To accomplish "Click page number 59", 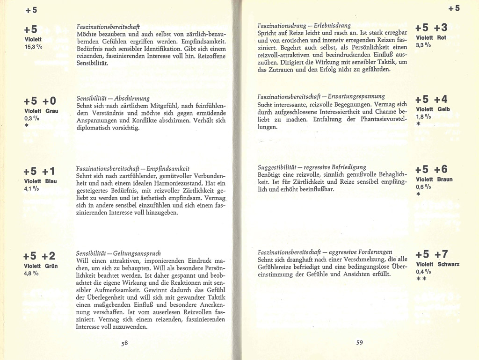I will pyautogui.click(x=359, y=343).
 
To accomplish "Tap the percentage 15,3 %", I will pyautogui.click(x=33, y=47).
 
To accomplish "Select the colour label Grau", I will pyautogui.click(x=51, y=111).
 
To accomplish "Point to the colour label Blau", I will pyautogui.click(x=51, y=181).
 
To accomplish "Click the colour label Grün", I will pyautogui.click(x=51, y=266).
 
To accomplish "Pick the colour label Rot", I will pyautogui.click(x=442, y=37).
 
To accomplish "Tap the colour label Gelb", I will pyautogui.click(x=443, y=109).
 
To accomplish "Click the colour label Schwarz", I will pyautogui.click(x=448, y=265).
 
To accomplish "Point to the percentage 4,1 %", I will pyautogui.click(x=32, y=189).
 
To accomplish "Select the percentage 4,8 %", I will pyautogui.click(x=32, y=274).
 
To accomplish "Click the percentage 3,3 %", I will pyautogui.click(x=423, y=45).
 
